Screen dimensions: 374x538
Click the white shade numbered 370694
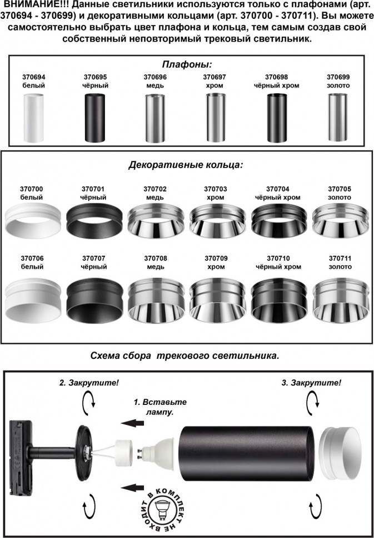(33, 118)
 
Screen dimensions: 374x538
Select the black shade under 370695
(94, 118)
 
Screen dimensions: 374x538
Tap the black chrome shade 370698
(277, 118)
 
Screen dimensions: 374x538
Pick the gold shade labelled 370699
(338, 117)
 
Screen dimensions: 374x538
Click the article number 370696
(155, 77)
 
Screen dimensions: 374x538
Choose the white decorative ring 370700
(33, 220)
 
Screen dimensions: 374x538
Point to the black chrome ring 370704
(279, 220)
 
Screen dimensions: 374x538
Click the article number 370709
(216, 258)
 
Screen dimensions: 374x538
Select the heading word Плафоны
(187, 64)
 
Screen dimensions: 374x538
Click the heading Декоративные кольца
(186, 165)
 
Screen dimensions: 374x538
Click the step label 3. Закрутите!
(311, 383)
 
